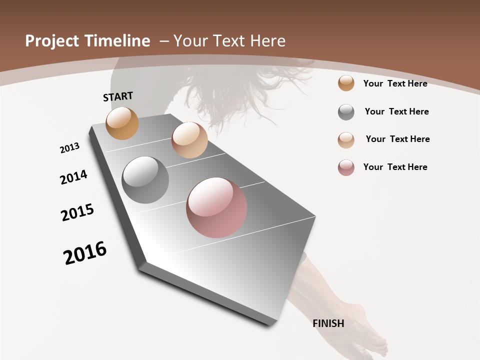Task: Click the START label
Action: tap(118, 96)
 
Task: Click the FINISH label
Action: tap(328, 323)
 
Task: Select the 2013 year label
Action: tap(69, 148)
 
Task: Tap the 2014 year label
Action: tap(73, 177)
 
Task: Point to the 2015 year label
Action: tap(77, 212)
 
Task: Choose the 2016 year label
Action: tap(85, 253)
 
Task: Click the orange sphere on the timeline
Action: tap(122, 123)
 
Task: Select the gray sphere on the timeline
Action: tap(145, 180)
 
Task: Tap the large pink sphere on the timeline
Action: tap(216, 207)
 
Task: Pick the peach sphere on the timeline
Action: tap(189, 140)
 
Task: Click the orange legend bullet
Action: tap(346, 83)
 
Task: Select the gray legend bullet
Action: tap(346, 112)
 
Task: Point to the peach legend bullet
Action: tap(346, 139)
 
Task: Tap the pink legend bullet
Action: tap(346, 167)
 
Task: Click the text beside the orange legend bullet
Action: tap(395, 83)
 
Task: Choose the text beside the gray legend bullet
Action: tap(396, 111)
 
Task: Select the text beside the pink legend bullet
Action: tap(395, 167)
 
